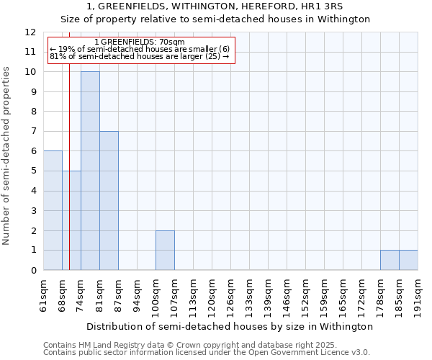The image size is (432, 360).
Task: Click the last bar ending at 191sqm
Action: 408,260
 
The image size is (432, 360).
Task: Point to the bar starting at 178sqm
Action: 390,260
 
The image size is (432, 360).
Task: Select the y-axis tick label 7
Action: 33,132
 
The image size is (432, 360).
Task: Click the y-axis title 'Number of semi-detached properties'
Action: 7,156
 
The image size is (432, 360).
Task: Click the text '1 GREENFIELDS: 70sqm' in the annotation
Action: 140,42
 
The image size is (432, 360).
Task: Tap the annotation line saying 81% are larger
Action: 140,56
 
